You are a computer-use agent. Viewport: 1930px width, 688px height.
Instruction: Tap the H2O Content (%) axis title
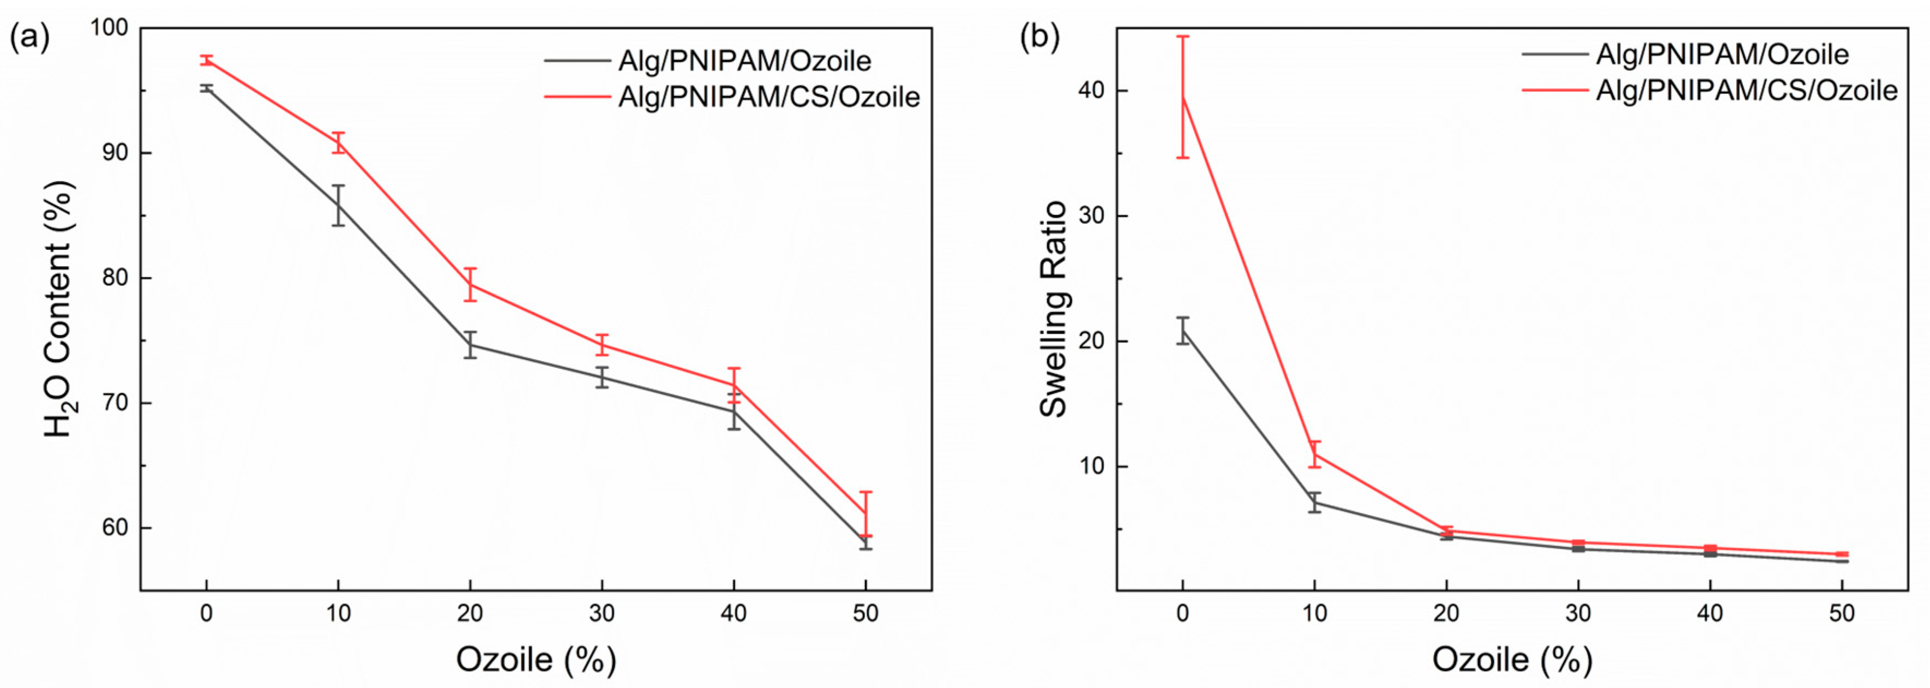click(60, 309)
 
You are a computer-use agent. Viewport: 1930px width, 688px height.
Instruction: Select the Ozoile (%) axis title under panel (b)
click(1512, 660)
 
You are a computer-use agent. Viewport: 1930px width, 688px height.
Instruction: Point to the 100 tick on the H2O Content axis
click(110, 28)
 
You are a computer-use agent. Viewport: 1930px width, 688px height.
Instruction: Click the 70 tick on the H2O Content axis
click(116, 403)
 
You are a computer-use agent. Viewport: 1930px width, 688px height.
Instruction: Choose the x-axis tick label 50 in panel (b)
click(1842, 614)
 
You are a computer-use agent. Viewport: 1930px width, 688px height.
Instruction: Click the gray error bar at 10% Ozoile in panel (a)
click(339, 205)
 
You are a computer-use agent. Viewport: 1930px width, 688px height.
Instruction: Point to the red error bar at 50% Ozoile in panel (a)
click(865, 513)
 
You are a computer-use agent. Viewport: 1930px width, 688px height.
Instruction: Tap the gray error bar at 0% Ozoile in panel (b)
click(1183, 331)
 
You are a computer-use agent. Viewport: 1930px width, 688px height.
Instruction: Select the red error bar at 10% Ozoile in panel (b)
click(1315, 454)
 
